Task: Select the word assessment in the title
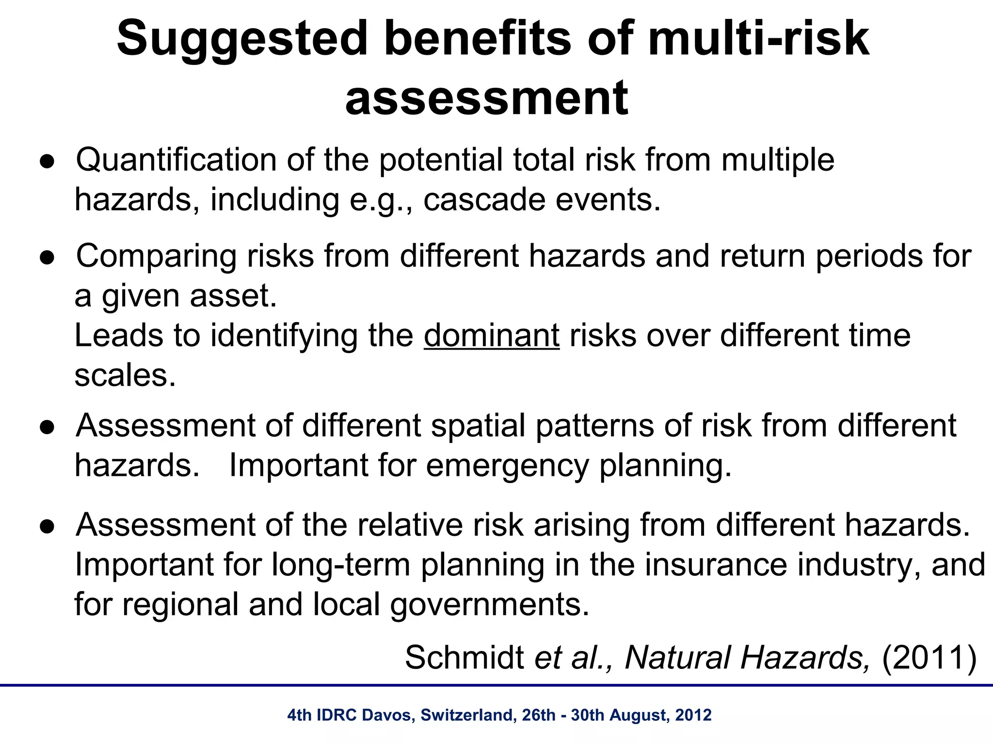pos(487,99)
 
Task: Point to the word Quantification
pos(176,160)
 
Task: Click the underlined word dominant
pos(492,336)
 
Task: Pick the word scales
pos(125,375)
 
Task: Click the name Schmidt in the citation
pos(464,658)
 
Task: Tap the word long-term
pos(340,565)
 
